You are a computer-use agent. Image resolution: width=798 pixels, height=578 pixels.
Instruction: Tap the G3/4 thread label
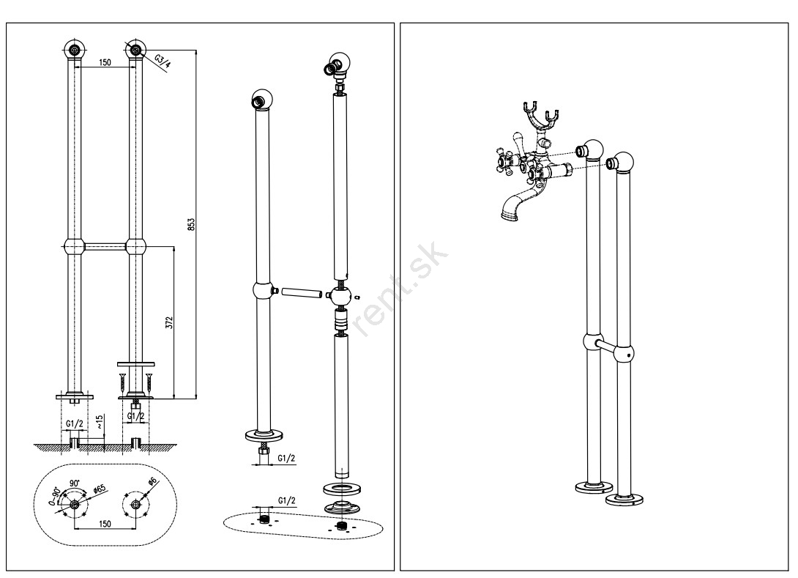tap(161, 58)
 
